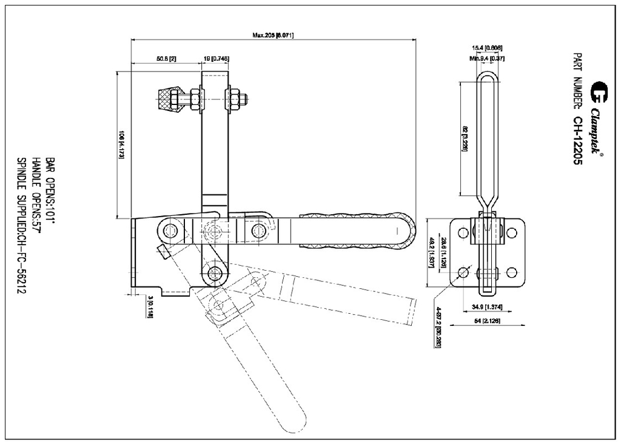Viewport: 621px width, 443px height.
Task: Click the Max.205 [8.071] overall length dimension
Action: coord(273,35)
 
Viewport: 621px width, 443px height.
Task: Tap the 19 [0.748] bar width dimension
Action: coord(216,59)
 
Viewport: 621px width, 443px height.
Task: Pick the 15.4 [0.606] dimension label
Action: coord(487,48)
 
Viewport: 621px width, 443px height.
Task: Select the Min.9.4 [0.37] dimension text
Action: coord(487,58)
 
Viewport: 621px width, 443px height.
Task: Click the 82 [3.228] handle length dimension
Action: coord(465,139)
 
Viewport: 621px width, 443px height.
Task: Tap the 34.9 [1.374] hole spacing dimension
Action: coord(487,306)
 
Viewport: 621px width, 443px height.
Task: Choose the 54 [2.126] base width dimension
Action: coord(487,322)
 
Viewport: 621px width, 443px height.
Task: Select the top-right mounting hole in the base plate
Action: coord(511,232)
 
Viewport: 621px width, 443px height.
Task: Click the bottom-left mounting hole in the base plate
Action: coord(463,272)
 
